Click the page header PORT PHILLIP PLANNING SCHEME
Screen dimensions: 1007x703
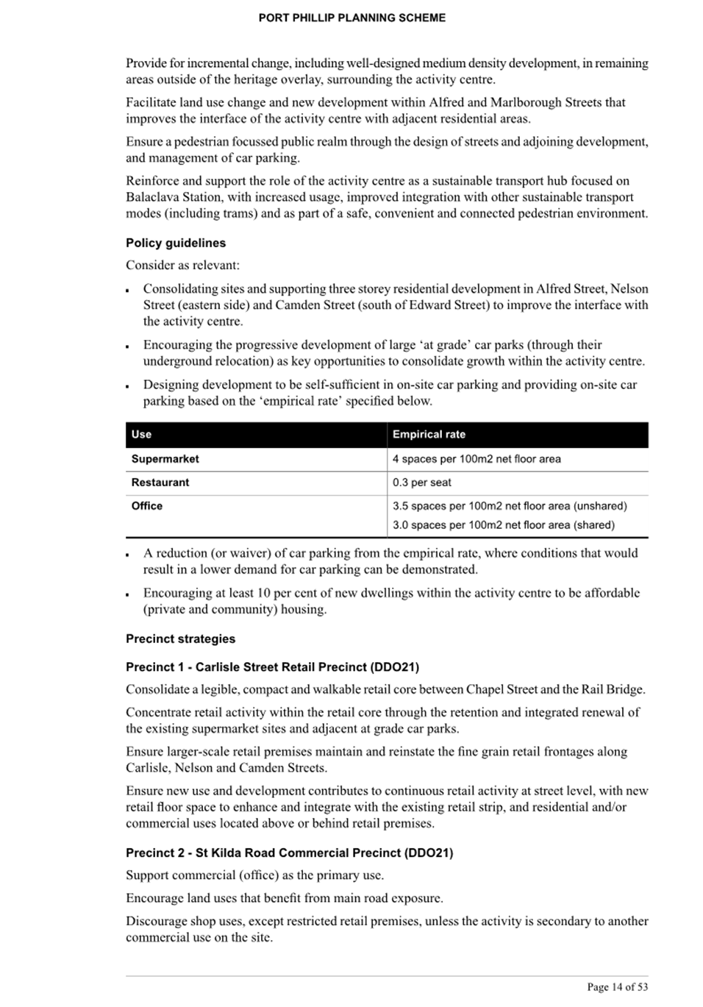pyautogui.click(x=351, y=18)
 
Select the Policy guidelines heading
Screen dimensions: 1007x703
pyautogui.click(x=176, y=243)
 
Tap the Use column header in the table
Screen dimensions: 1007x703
pyautogui.click(x=141, y=435)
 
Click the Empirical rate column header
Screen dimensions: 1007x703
pyautogui.click(x=429, y=435)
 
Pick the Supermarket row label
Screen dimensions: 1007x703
pyautogui.click(x=165, y=459)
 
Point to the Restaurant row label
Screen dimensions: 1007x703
pyautogui.click(x=160, y=483)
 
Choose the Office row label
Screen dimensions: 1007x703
pyautogui.click(x=147, y=506)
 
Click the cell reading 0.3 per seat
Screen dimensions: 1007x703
pyautogui.click(x=422, y=483)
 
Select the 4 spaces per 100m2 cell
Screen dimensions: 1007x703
pyautogui.click(x=477, y=459)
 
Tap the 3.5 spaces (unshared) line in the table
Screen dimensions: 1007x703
pyautogui.click(x=510, y=506)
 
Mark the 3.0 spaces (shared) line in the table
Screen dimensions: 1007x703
pyautogui.click(x=504, y=525)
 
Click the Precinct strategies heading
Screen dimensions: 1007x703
pyautogui.click(x=180, y=639)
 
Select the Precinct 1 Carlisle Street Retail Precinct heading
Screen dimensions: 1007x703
pyautogui.click(x=272, y=667)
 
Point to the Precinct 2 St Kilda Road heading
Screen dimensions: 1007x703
pyautogui.click(x=289, y=853)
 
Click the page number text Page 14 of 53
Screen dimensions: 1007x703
pyautogui.click(x=617, y=987)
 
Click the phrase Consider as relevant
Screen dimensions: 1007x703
pyautogui.click(x=182, y=266)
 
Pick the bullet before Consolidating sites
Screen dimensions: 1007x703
pyautogui.click(x=128, y=290)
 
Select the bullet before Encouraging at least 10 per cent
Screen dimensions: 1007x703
pyautogui.click(x=128, y=594)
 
